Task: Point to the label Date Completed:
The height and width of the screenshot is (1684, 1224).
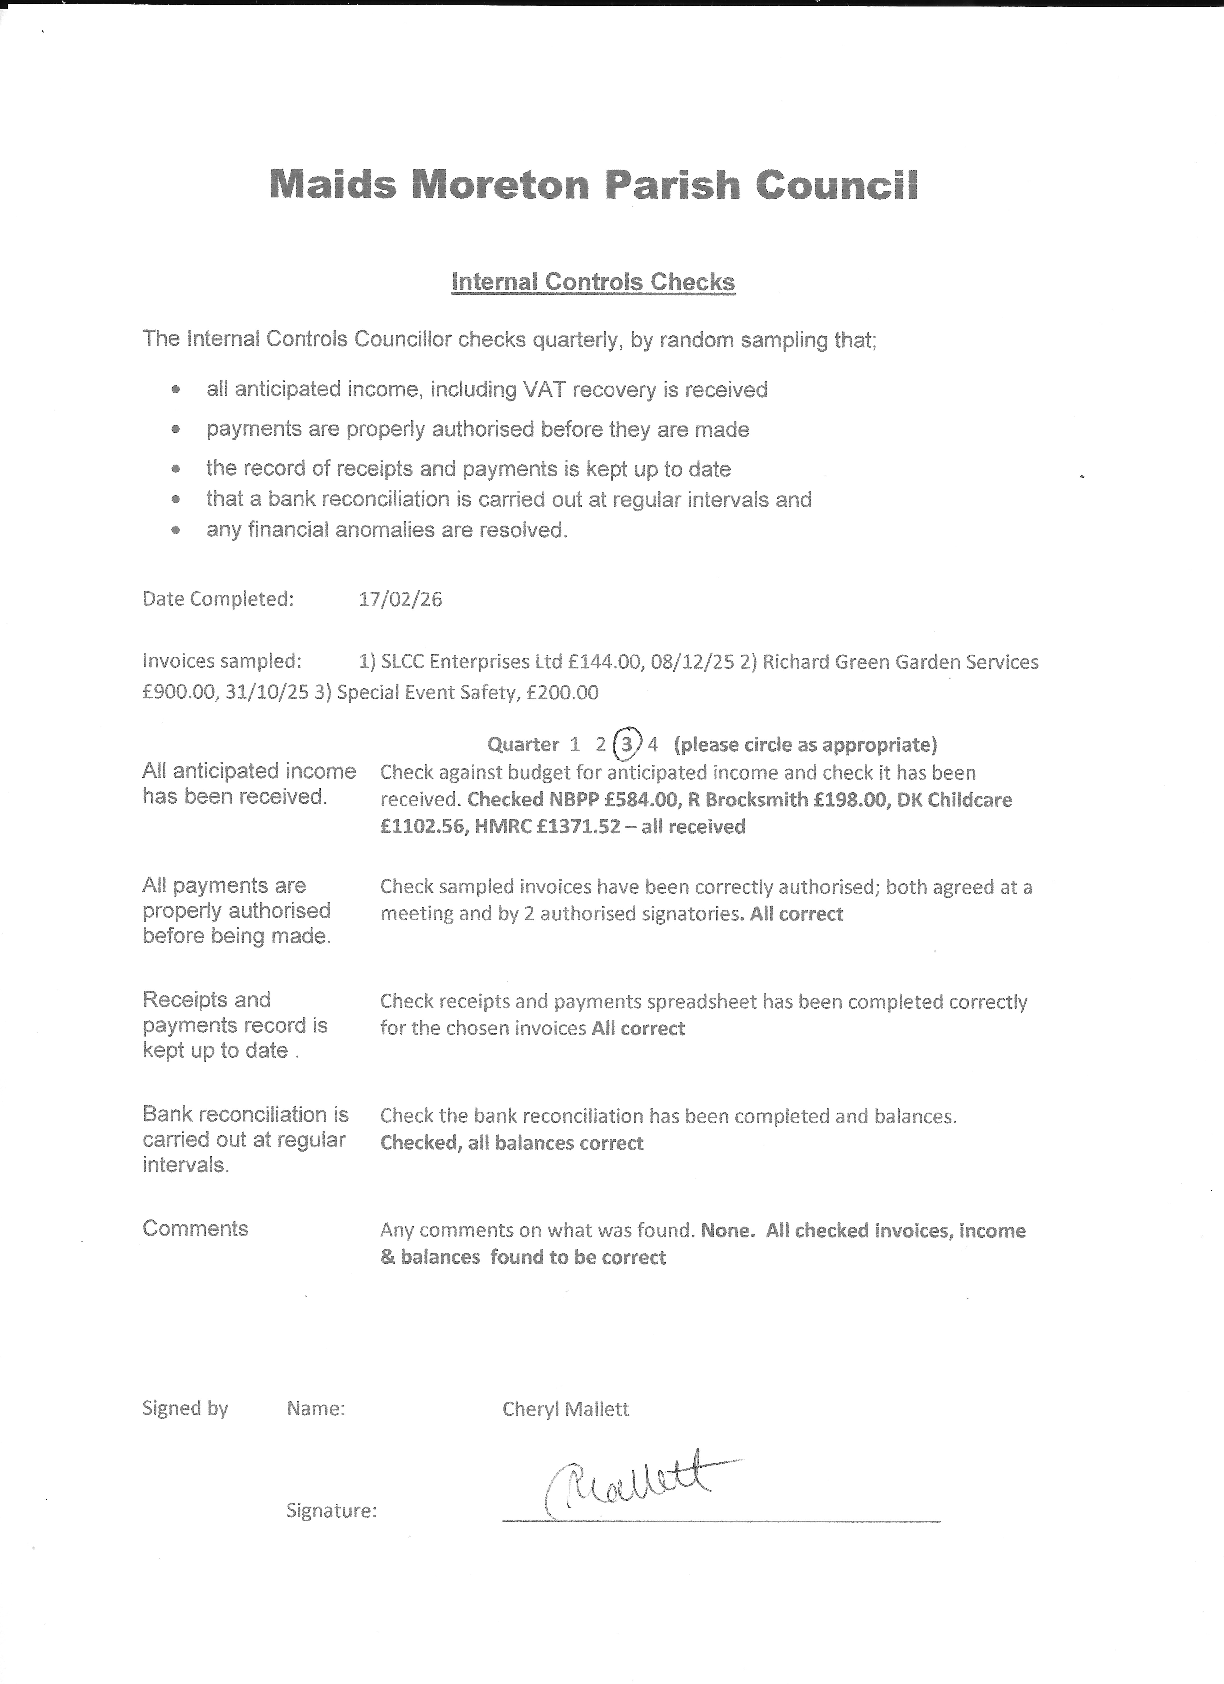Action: pyautogui.click(x=218, y=599)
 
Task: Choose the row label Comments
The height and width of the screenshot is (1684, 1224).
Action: pyautogui.click(x=195, y=1229)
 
